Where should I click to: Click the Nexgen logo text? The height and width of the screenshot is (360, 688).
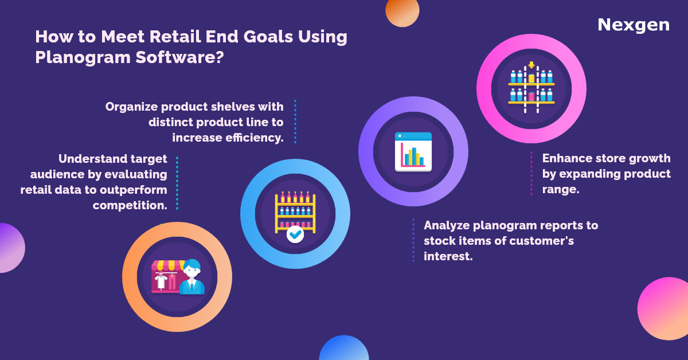[633, 25]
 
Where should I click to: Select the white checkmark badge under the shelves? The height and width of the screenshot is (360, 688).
[295, 234]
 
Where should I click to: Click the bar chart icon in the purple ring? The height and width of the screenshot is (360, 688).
[413, 152]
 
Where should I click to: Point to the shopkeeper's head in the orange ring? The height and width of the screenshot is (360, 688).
[191, 268]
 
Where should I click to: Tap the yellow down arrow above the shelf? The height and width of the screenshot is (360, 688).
[531, 65]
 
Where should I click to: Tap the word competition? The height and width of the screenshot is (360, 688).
[130, 205]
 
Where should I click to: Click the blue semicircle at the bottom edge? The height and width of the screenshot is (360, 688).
[343, 349]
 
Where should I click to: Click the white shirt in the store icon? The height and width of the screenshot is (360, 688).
[161, 281]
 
